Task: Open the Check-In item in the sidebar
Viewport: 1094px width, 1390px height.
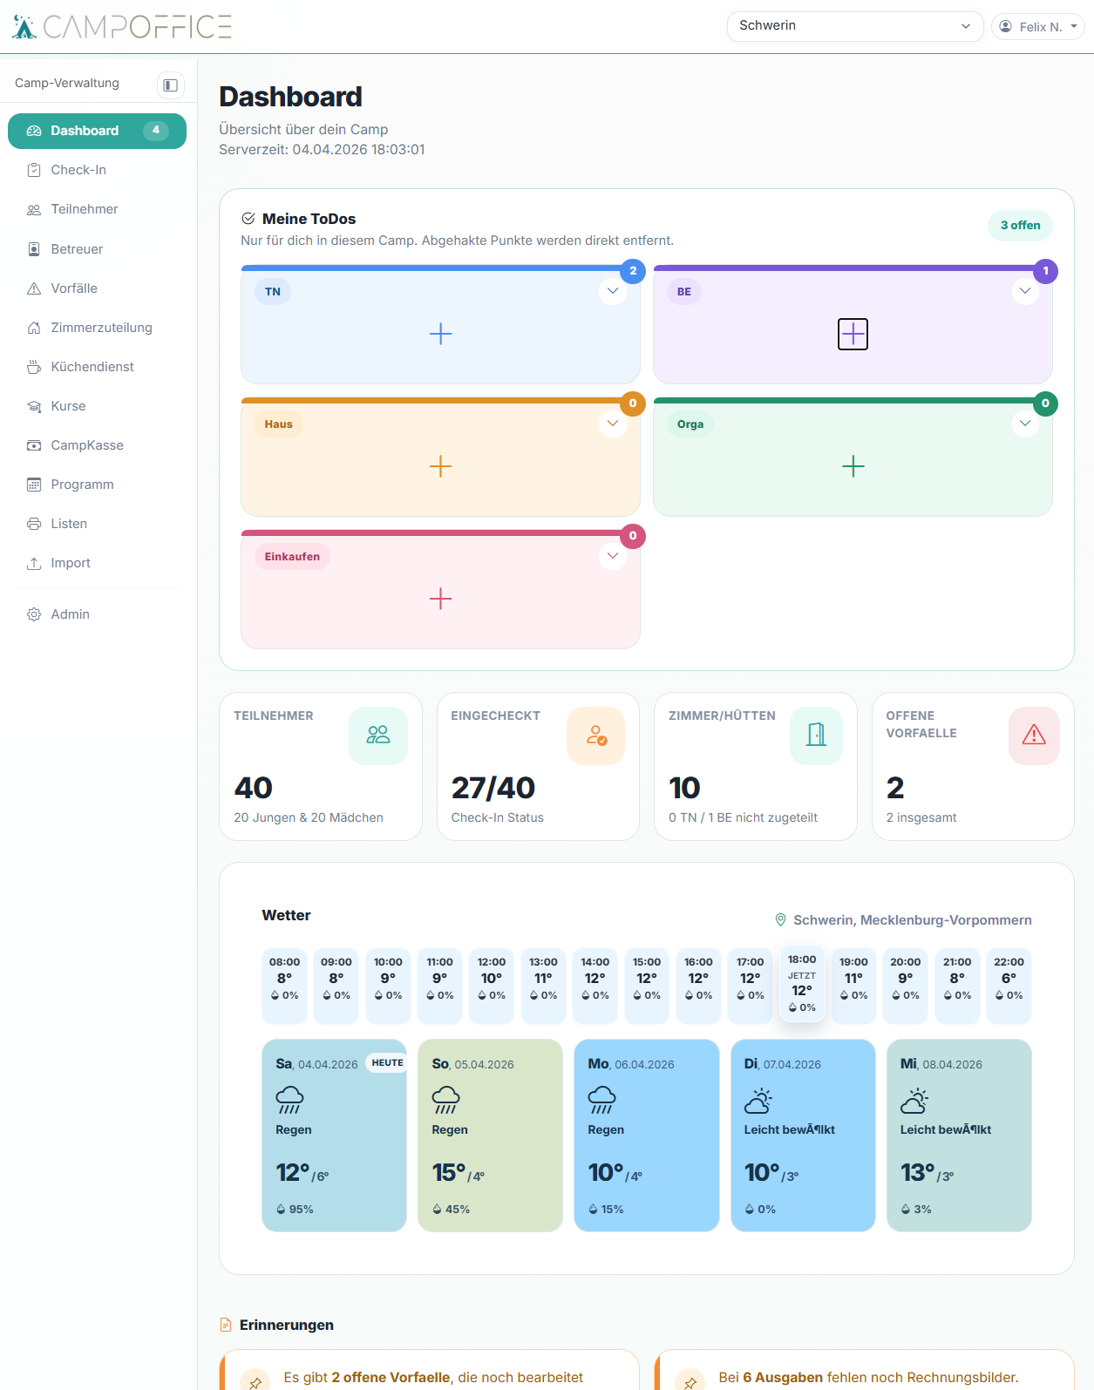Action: click(x=78, y=170)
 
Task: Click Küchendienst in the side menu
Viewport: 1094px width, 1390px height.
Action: click(x=92, y=367)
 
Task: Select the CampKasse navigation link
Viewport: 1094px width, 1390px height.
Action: click(x=86, y=445)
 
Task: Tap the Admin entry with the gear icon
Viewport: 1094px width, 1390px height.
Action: click(x=70, y=614)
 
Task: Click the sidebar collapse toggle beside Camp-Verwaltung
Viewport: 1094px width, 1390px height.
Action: click(x=171, y=85)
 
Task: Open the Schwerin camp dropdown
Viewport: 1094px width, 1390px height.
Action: click(x=854, y=26)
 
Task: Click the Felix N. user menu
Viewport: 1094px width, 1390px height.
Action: click(x=1038, y=26)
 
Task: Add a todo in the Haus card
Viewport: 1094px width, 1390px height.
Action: click(x=441, y=466)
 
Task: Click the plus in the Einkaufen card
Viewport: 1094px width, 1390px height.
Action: click(x=441, y=599)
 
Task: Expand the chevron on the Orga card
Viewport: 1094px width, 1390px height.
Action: click(x=1025, y=424)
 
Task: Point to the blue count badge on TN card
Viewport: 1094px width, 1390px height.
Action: click(x=633, y=271)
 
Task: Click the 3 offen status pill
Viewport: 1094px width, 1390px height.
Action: click(x=1020, y=226)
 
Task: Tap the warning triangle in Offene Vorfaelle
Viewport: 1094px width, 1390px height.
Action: click(x=1034, y=735)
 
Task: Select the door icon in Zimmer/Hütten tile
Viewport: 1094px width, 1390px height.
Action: click(x=816, y=735)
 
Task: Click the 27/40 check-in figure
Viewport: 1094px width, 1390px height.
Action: click(x=493, y=788)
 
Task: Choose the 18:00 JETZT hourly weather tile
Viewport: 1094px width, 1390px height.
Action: click(x=802, y=983)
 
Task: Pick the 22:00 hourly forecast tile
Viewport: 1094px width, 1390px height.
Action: click(x=1009, y=986)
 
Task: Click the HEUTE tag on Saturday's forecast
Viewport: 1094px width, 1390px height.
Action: click(x=387, y=1062)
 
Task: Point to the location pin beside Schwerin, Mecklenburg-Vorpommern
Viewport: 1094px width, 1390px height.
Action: click(x=780, y=919)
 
